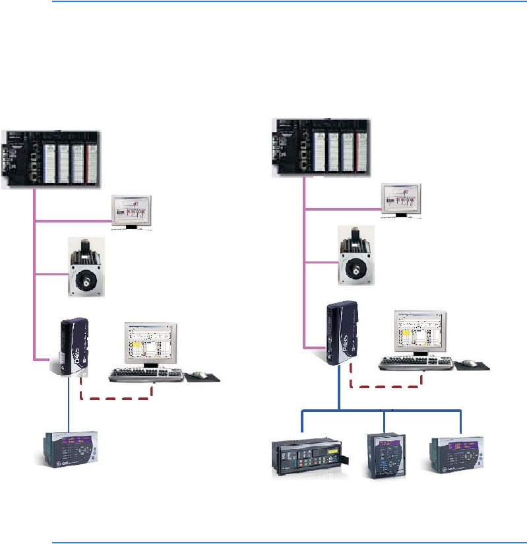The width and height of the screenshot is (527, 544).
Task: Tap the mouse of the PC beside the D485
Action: click(x=202, y=375)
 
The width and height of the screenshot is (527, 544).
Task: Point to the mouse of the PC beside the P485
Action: click(x=471, y=362)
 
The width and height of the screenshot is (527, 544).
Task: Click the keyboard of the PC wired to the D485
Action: click(x=146, y=374)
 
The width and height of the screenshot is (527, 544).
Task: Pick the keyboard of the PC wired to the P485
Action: click(x=416, y=363)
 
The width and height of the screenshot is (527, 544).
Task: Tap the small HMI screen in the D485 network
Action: click(x=132, y=213)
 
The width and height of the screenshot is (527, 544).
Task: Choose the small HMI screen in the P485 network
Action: click(x=402, y=201)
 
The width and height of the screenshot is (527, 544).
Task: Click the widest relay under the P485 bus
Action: click(x=307, y=456)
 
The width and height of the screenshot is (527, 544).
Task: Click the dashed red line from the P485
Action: click(x=389, y=388)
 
